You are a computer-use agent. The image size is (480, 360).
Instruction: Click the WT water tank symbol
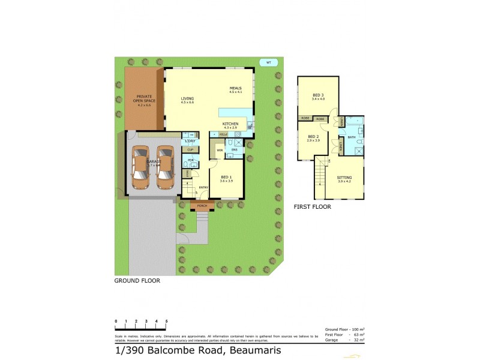(268, 62)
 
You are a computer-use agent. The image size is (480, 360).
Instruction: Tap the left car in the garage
(140, 169)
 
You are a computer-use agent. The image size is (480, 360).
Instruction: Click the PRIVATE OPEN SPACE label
(145, 100)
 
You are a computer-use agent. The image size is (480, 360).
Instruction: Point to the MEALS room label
(235, 89)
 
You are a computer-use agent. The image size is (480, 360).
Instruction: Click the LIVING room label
(188, 99)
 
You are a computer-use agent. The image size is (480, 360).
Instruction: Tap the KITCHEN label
(230, 124)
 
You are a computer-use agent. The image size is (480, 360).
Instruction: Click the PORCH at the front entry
(202, 206)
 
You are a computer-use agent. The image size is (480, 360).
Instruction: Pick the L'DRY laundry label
(190, 141)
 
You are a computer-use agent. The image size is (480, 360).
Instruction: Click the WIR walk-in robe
(220, 150)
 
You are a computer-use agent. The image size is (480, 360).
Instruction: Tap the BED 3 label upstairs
(318, 96)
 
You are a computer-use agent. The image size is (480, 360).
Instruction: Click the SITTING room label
(344, 178)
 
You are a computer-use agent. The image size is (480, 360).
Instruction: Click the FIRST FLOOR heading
(312, 207)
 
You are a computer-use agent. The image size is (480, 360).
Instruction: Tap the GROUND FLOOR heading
(137, 280)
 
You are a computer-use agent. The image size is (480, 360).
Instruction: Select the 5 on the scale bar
(166, 322)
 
